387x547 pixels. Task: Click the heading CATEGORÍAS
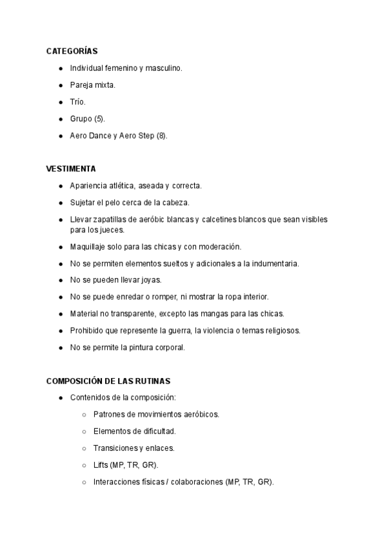coord(72,50)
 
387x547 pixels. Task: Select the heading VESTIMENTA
coord(70,169)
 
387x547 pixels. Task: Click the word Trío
coord(77,102)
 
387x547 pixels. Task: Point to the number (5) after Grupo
coord(99,119)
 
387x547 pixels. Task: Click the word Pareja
coord(81,85)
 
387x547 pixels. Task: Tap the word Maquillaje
coord(88,246)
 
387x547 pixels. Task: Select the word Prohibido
coord(87,330)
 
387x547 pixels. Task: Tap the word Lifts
coord(101,464)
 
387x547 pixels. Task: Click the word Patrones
coord(108,414)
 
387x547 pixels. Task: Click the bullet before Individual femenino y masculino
coord(60,68)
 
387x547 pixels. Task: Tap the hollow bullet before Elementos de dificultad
coord(84,431)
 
